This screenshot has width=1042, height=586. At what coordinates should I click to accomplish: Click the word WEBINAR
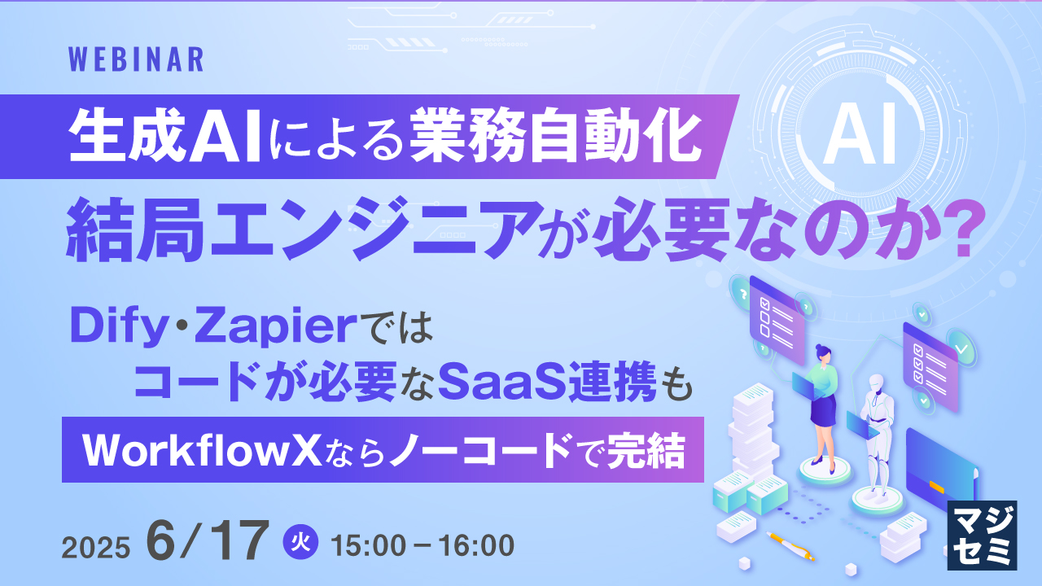tap(136, 59)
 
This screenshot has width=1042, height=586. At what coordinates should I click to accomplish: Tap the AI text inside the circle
tap(860, 138)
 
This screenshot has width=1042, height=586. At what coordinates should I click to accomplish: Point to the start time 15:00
tap(371, 545)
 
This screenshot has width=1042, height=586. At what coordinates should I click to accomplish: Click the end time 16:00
tap(473, 545)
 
